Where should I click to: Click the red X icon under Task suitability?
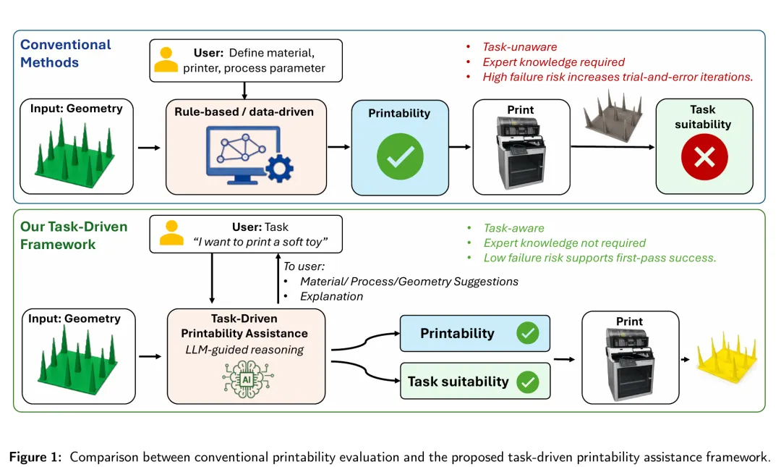[x=704, y=157]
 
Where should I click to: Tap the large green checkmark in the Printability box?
[x=400, y=156]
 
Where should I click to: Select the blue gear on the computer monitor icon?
[x=279, y=169]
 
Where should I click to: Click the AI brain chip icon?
[x=247, y=379]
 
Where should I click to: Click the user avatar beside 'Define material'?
[x=166, y=60]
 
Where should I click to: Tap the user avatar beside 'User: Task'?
[x=171, y=233]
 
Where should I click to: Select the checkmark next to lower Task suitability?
[x=527, y=382]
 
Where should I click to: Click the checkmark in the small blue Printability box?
[x=527, y=333]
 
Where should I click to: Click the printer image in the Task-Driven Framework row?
[x=630, y=365]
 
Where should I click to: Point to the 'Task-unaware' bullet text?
[x=519, y=47]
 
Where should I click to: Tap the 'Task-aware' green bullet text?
[x=513, y=228]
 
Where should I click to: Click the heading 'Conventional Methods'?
[x=65, y=54]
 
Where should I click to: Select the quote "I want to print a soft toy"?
[x=260, y=242]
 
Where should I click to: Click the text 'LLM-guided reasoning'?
[x=244, y=350]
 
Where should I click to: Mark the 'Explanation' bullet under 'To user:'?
[x=331, y=296]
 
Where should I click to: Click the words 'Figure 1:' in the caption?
[x=35, y=457]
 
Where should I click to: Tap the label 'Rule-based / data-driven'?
[x=244, y=112]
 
